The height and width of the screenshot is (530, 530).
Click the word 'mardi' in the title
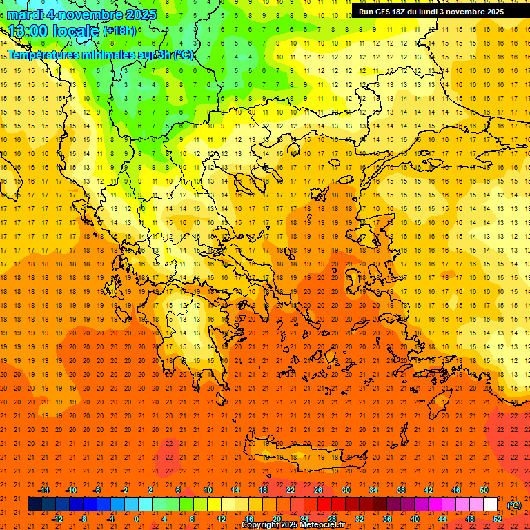[x=26, y=14]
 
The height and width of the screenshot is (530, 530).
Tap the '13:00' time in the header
[x=28, y=31]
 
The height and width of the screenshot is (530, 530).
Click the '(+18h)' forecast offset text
[x=119, y=31]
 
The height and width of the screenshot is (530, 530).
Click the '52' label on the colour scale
[x=497, y=518]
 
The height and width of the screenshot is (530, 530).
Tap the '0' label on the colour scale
[x=137, y=518]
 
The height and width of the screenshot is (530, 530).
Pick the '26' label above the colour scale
[x=318, y=490]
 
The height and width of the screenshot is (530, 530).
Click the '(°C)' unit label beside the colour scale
[x=513, y=505]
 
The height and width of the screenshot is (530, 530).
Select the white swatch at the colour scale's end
[x=490, y=504]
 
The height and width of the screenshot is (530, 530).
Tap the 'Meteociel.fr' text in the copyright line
[x=321, y=525]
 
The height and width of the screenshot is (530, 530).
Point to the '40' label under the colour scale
[x=414, y=518]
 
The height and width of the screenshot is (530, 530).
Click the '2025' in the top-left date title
[x=137, y=14]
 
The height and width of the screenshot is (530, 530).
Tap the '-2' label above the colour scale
[x=124, y=490]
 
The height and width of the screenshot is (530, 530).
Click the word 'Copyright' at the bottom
[x=260, y=525]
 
